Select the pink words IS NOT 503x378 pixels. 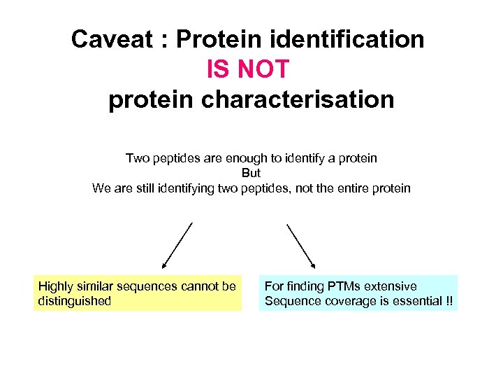[x=247, y=69]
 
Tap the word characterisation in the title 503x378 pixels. [x=298, y=99]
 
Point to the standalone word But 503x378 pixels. [x=251, y=173]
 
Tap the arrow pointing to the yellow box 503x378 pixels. [x=177, y=245]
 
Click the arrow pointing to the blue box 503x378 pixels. [x=301, y=245]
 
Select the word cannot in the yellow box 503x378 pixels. [x=198, y=286]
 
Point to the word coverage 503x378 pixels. [x=343, y=302]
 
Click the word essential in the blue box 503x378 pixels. [x=410, y=302]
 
